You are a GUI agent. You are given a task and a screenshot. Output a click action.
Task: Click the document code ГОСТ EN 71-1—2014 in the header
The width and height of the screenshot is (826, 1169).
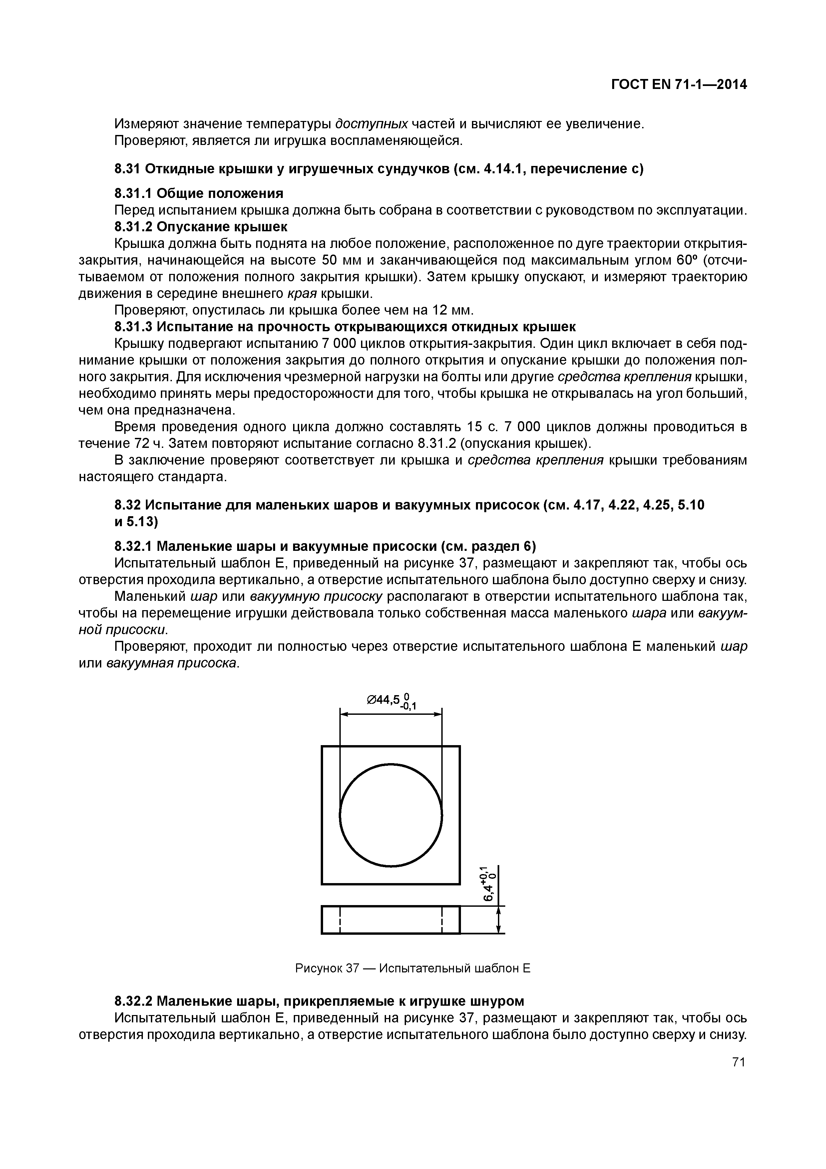click(679, 84)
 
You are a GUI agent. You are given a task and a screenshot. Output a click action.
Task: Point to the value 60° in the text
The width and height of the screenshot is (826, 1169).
click(688, 260)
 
